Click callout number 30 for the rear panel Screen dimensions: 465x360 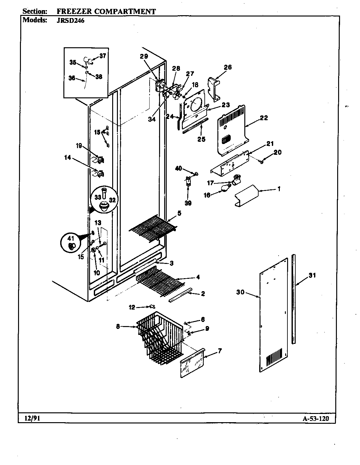tap(241, 292)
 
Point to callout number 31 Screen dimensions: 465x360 tap(312, 275)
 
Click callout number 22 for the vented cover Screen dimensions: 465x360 tap(264, 118)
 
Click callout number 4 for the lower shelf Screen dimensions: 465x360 tap(198, 277)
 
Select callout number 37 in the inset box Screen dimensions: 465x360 tap(102, 56)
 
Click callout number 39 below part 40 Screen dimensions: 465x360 tap(188, 203)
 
